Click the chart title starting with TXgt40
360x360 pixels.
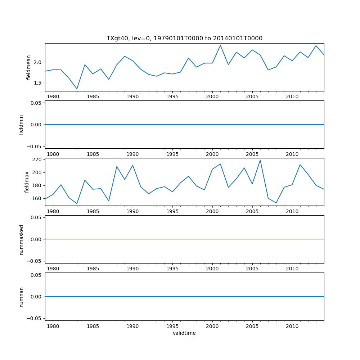pyautogui.click(x=184, y=38)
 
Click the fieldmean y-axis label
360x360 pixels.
pyautogui.click(x=28, y=67)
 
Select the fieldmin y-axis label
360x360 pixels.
pyautogui.click(x=21, y=125)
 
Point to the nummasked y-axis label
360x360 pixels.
pyautogui.click(x=21, y=239)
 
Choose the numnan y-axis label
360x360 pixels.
pyautogui.click(x=21, y=297)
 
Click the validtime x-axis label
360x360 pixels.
pyautogui.click(x=184, y=333)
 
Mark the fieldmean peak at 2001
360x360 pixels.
pyautogui.click(x=220, y=45)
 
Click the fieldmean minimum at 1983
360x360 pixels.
pyautogui.click(x=77, y=89)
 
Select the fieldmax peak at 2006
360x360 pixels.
pyautogui.click(x=260, y=160)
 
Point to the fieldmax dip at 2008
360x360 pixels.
pyautogui.click(x=276, y=203)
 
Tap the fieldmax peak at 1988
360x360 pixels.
pyautogui.click(x=117, y=166)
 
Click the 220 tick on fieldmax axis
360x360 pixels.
pyautogui.click(x=37, y=159)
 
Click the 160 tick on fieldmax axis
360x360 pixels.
pyautogui.click(x=37, y=198)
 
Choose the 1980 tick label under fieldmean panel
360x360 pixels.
pyautogui.click(x=53, y=96)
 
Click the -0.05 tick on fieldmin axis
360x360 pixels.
pyautogui.click(x=35, y=146)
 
